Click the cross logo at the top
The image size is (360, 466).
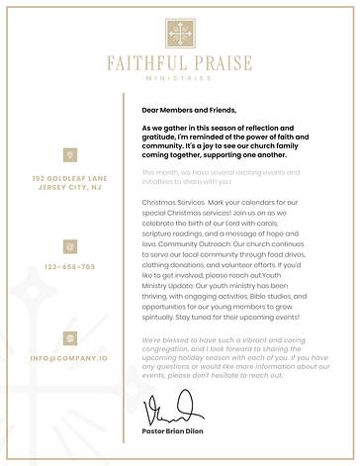point(179,32)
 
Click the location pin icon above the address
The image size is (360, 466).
point(69,154)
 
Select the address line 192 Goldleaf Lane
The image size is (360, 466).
point(69,178)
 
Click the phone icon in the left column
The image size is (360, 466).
point(69,245)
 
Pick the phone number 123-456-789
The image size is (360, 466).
point(69,267)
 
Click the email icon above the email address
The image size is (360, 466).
point(69,338)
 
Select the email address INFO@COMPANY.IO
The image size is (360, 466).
point(69,357)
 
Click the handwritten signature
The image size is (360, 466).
point(170,408)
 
